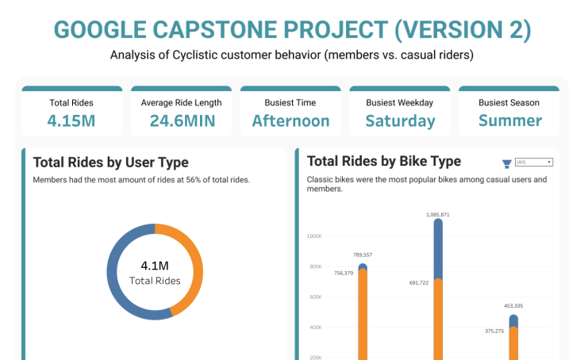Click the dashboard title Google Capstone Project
pyautogui.click(x=292, y=29)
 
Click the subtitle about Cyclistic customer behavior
pyautogui.click(x=292, y=56)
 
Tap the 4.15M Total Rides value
pyautogui.click(x=72, y=121)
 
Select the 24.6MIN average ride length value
pyautogui.click(x=181, y=121)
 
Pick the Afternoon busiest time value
pyautogui.click(x=290, y=121)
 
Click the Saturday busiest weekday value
pyautogui.click(x=400, y=121)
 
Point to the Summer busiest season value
pyautogui.click(x=509, y=121)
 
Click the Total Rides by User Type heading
pyautogui.click(x=110, y=163)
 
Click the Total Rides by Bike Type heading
pyautogui.click(x=383, y=162)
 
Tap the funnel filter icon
pyautogui.click(x=506, y=164)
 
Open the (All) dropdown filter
pyautogui.click(x=533, y=162)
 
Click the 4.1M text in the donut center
pyautogui.click(x=155, y=265)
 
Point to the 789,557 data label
pyautogui.click(x=362, y=255)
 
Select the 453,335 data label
pyautogui.click(x=513, y=305)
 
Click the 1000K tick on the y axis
pyautogui.click(x=313, y=236)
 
